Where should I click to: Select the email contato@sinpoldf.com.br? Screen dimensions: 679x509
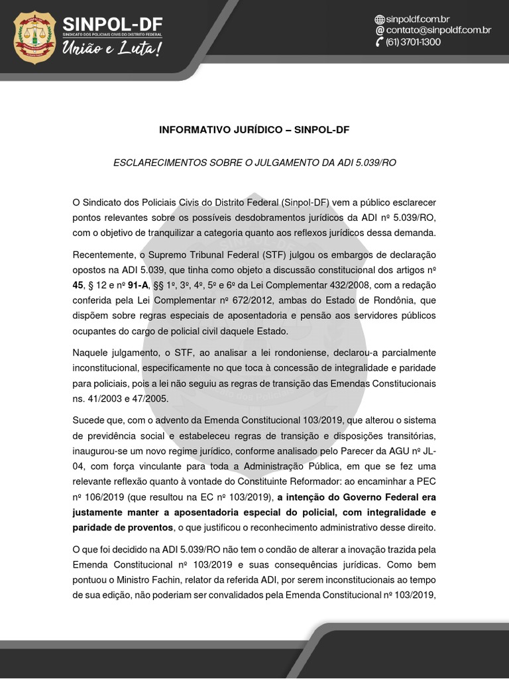tap(437, 31)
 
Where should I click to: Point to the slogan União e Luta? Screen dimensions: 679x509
tap(111, 48)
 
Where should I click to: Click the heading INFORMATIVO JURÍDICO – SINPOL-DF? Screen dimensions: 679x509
tap(254, 130)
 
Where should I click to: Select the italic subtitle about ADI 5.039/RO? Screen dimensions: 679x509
tap(254, 162)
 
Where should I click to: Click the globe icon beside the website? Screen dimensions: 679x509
tap(380, 19)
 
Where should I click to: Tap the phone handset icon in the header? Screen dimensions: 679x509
tap(380, 42)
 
